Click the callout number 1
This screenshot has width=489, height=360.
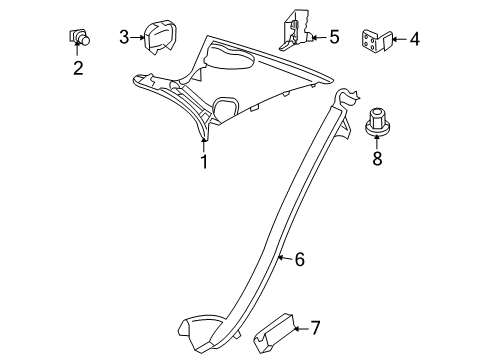click(x=204, y=162)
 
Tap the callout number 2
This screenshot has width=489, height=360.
click(x=78, y=68)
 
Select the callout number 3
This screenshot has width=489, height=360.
click(x=124, y=37)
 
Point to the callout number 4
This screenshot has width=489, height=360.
click(x=415, y=39)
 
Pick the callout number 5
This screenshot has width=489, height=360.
click(x=334, y=37)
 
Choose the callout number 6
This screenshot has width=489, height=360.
click(x=300, y=259)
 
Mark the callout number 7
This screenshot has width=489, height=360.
click(x=315, y=328)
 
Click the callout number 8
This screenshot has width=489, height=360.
click(x=377, y=158)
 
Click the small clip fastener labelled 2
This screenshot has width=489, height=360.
click(x=79, y=37)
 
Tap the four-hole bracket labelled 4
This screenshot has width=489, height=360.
click(x=377, y=41)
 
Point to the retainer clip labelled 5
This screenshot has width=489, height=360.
click(x=295, y=31)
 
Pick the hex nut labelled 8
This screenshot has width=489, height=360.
click(x=377, y=121)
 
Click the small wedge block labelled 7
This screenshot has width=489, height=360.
click(x=274, y=333)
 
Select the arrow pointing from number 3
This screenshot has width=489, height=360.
click(x=137, y=37)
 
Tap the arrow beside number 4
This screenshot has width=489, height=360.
click(x=400, y=39)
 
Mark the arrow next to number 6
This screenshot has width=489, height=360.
click(x=285, y=258)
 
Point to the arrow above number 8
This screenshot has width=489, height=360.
click(x=377, y=141)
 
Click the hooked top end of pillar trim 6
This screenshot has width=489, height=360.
click(x=346, y=96)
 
